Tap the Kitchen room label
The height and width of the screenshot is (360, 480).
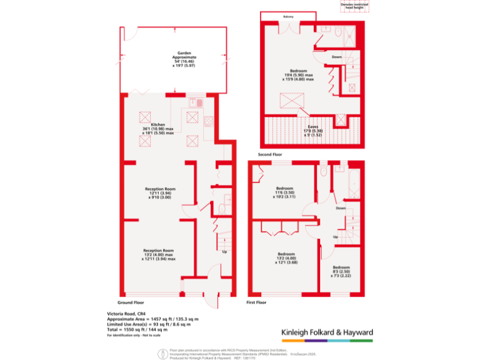coord(157,129)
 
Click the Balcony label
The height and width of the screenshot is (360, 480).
coord(289,16)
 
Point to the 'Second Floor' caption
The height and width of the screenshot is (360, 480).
coord(270,154)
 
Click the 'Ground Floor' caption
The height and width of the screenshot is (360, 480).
coord(130,302)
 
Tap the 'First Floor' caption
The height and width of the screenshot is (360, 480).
coord(256,302)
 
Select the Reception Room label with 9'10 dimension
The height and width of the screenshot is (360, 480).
coord(160,193)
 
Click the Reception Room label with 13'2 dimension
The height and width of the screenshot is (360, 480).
coord(158,254)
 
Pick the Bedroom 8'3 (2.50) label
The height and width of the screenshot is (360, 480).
coord(341,271)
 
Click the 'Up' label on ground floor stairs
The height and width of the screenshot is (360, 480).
coord(224,252)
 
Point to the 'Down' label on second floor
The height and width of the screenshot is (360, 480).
coord(337,57)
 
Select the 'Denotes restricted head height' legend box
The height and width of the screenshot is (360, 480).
coord(354,6)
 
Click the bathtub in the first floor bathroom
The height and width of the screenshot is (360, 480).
coord(340,187)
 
